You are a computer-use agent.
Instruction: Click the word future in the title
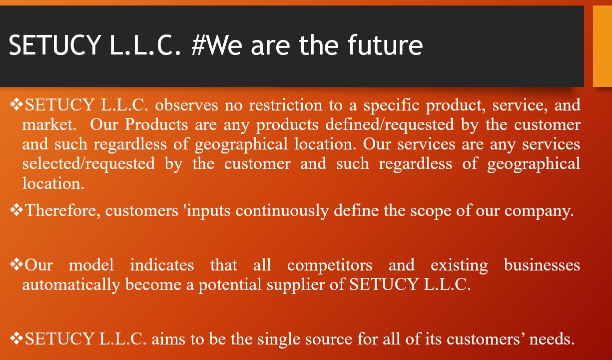point(385,44)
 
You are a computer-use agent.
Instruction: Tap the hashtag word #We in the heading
point(216,45)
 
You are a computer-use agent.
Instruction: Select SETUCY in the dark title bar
point(54,45)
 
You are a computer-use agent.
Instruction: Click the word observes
point(187,105)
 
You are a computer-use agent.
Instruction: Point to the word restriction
point(286,105)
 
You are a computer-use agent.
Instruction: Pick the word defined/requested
point(390,125)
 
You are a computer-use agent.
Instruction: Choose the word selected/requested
point(88,164)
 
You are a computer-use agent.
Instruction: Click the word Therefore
point(62,210)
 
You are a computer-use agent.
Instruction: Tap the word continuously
point(282,211)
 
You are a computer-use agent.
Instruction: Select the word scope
point(431,211)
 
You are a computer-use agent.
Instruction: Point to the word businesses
point(542,265)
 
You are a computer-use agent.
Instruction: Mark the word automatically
point(71,285)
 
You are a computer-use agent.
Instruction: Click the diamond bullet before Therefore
point(16,210)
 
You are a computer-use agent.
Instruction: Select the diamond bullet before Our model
point(16,264)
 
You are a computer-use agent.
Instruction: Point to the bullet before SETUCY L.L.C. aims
point(16,338)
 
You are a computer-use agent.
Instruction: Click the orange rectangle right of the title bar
point(603,46)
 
